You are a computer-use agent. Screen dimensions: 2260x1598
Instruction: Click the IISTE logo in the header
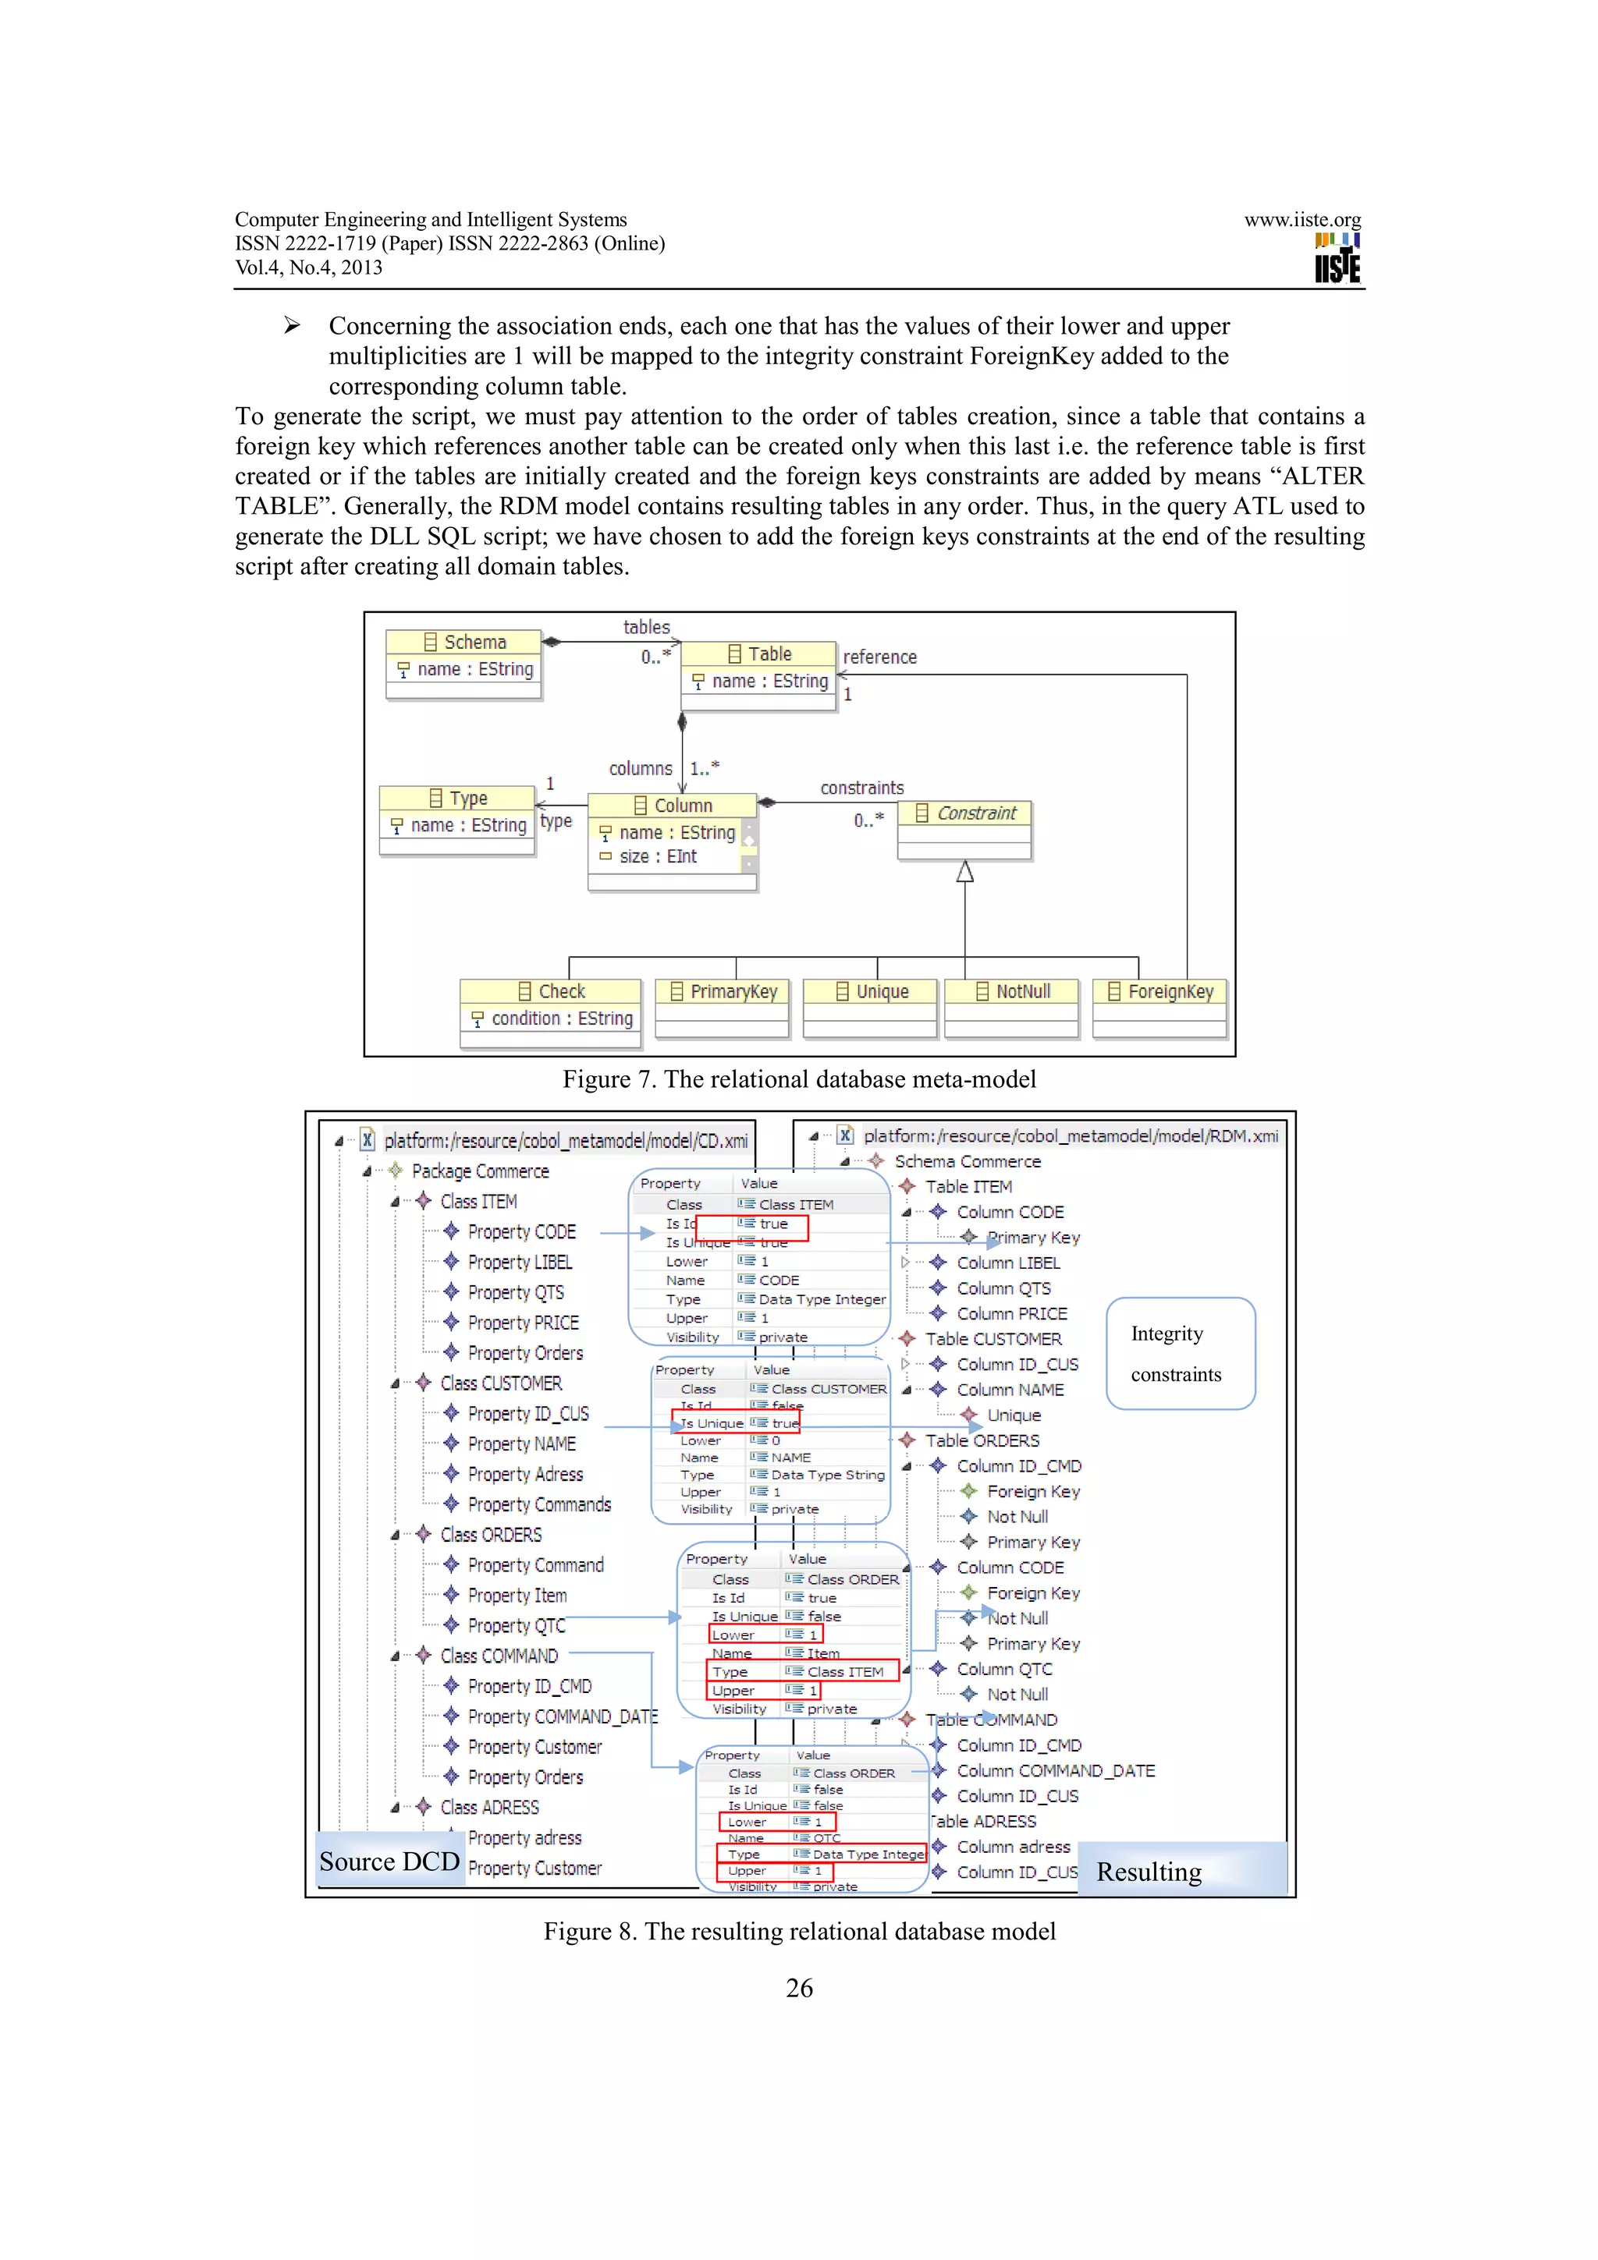tap(1337, 259)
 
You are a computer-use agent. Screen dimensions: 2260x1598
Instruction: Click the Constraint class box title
tap(965, 813)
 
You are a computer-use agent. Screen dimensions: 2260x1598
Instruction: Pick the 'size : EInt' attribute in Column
tap(657, 856)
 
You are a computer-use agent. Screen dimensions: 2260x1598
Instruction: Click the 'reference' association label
tap(879, 657)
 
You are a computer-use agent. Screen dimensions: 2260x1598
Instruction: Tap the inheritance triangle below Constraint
tap(965, 872)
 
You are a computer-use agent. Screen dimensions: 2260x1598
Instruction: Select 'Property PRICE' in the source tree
tap(523, 1323)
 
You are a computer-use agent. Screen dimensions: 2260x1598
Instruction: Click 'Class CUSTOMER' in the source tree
tap(500, 1383)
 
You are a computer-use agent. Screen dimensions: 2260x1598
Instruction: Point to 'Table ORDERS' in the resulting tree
tap(982, 1440)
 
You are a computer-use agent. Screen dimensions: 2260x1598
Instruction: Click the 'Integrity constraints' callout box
tap(1180, 1354)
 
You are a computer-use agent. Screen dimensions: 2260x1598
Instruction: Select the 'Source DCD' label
tap(389, 1861)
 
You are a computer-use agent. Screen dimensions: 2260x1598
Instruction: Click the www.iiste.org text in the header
tap(1301, 219)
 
